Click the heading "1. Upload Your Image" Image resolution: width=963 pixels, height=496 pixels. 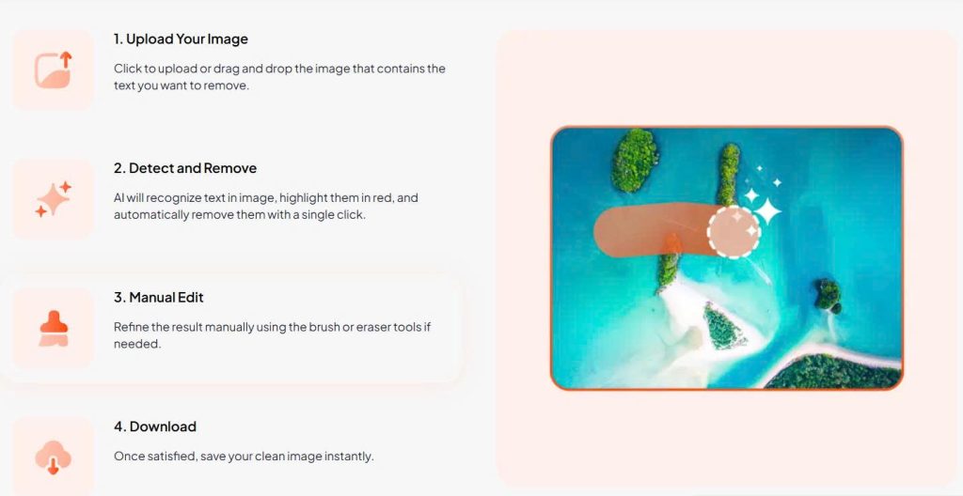tap(181, 39)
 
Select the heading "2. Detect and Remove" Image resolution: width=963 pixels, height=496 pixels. tap(185, 168)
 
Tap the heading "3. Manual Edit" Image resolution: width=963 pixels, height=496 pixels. tap(158, 298)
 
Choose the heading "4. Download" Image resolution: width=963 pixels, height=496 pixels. tap(155, 426)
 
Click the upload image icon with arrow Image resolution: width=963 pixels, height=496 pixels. tap(54, 70)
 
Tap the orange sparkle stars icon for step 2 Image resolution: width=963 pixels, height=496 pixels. tap(54, 199)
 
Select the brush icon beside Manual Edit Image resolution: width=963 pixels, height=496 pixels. tap(54, 329)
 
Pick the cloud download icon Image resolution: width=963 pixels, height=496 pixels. tap(54, 457)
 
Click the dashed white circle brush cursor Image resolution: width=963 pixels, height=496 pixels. tap(734, 231)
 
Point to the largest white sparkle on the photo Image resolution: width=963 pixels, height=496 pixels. tap(767, 211)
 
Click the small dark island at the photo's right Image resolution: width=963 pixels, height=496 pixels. tap(828, 295)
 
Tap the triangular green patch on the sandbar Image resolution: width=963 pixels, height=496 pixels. tap(723, 326)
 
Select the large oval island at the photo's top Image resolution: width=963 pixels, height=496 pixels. tap(635, 160)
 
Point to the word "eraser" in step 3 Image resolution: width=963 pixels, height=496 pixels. tap(375, 327)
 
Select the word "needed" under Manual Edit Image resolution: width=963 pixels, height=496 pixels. tap(137, 344)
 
